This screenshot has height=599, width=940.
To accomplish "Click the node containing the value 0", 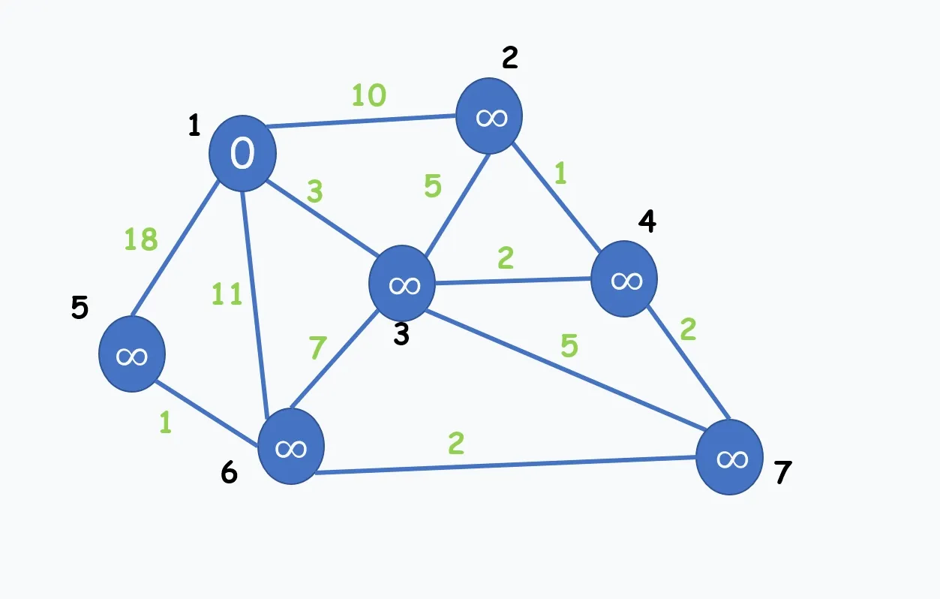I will coord(242,153).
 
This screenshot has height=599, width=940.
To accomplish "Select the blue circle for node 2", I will coord(490,116).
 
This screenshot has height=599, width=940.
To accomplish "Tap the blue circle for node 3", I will coord(402,283).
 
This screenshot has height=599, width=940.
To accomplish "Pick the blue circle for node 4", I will coord(624,279).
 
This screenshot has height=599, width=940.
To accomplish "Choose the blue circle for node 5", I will coord(132,354).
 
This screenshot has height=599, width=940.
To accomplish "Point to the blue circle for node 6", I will coord(291,447).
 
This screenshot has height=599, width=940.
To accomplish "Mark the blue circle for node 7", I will coord(729,457).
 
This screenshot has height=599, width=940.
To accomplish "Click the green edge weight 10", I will coord(369,95).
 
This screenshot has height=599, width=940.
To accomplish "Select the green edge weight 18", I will coord(140,239).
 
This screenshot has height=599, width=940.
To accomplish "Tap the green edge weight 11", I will coord(226,294).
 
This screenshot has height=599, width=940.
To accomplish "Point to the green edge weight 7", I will coord(317,348).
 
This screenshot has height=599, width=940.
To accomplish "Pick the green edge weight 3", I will coord(314,192).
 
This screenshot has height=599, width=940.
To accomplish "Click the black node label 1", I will coord(194,126).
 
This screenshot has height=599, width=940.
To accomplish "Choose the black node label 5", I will coord(80,308).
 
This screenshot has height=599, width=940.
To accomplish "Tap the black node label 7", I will coord(782,474).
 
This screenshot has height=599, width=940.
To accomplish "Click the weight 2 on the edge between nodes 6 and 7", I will coord(455,444).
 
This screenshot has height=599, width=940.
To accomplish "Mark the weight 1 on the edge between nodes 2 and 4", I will coord(560,173).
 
